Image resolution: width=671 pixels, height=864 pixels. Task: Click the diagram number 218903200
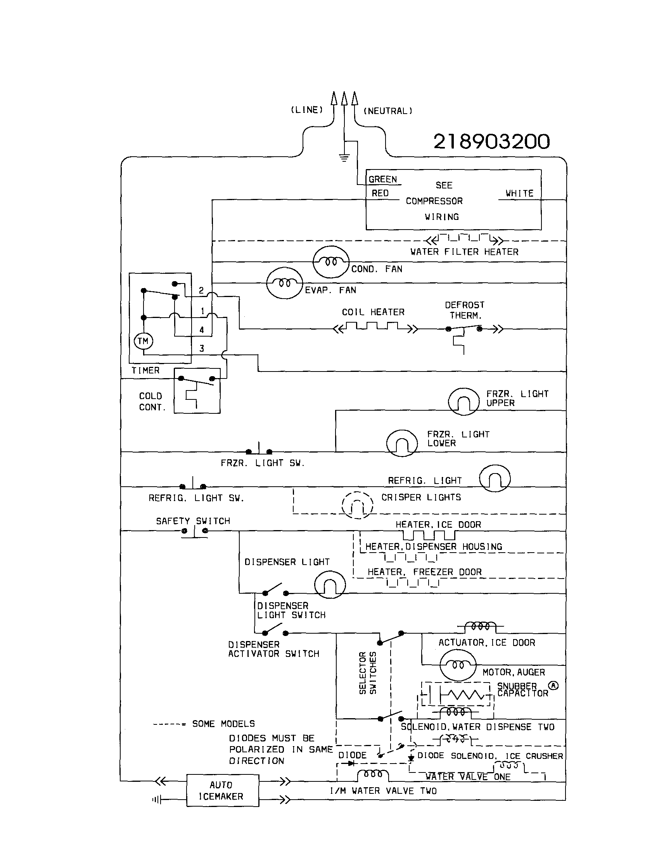pos(491,142)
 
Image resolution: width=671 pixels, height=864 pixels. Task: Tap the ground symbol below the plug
pos(344,158)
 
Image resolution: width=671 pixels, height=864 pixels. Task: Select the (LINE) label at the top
pos(307,110)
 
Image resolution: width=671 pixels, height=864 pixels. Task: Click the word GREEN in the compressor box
pos(382,179)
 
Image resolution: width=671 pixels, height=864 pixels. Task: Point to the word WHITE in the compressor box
pos(519,194)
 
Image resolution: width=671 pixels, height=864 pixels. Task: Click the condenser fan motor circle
pos(331,261)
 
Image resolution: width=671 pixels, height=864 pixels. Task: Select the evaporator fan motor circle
pos(284,283)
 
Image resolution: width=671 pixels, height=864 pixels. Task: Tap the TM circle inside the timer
pos(143,341)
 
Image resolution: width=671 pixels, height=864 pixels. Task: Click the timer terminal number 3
pos(202,349)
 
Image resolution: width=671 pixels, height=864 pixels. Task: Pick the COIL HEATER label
pos(373,312)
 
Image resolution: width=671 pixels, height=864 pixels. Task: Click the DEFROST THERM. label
pos(465,310)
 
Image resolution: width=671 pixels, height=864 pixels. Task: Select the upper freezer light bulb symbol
pos(463,401)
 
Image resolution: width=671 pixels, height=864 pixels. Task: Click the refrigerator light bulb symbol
pos(495,478)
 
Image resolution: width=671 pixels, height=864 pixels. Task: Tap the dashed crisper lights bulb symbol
pos(357,505)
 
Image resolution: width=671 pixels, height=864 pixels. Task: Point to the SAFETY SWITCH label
pos(193,521)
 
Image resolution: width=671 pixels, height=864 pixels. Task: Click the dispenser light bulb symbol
pos(330,585)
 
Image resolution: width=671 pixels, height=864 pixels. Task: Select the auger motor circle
pos(458,665)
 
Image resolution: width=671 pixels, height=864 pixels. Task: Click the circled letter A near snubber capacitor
pos(553,686)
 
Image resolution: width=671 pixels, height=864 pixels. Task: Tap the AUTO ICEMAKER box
pos(223,790)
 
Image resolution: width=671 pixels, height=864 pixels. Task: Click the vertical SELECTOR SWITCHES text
pos(368,673)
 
